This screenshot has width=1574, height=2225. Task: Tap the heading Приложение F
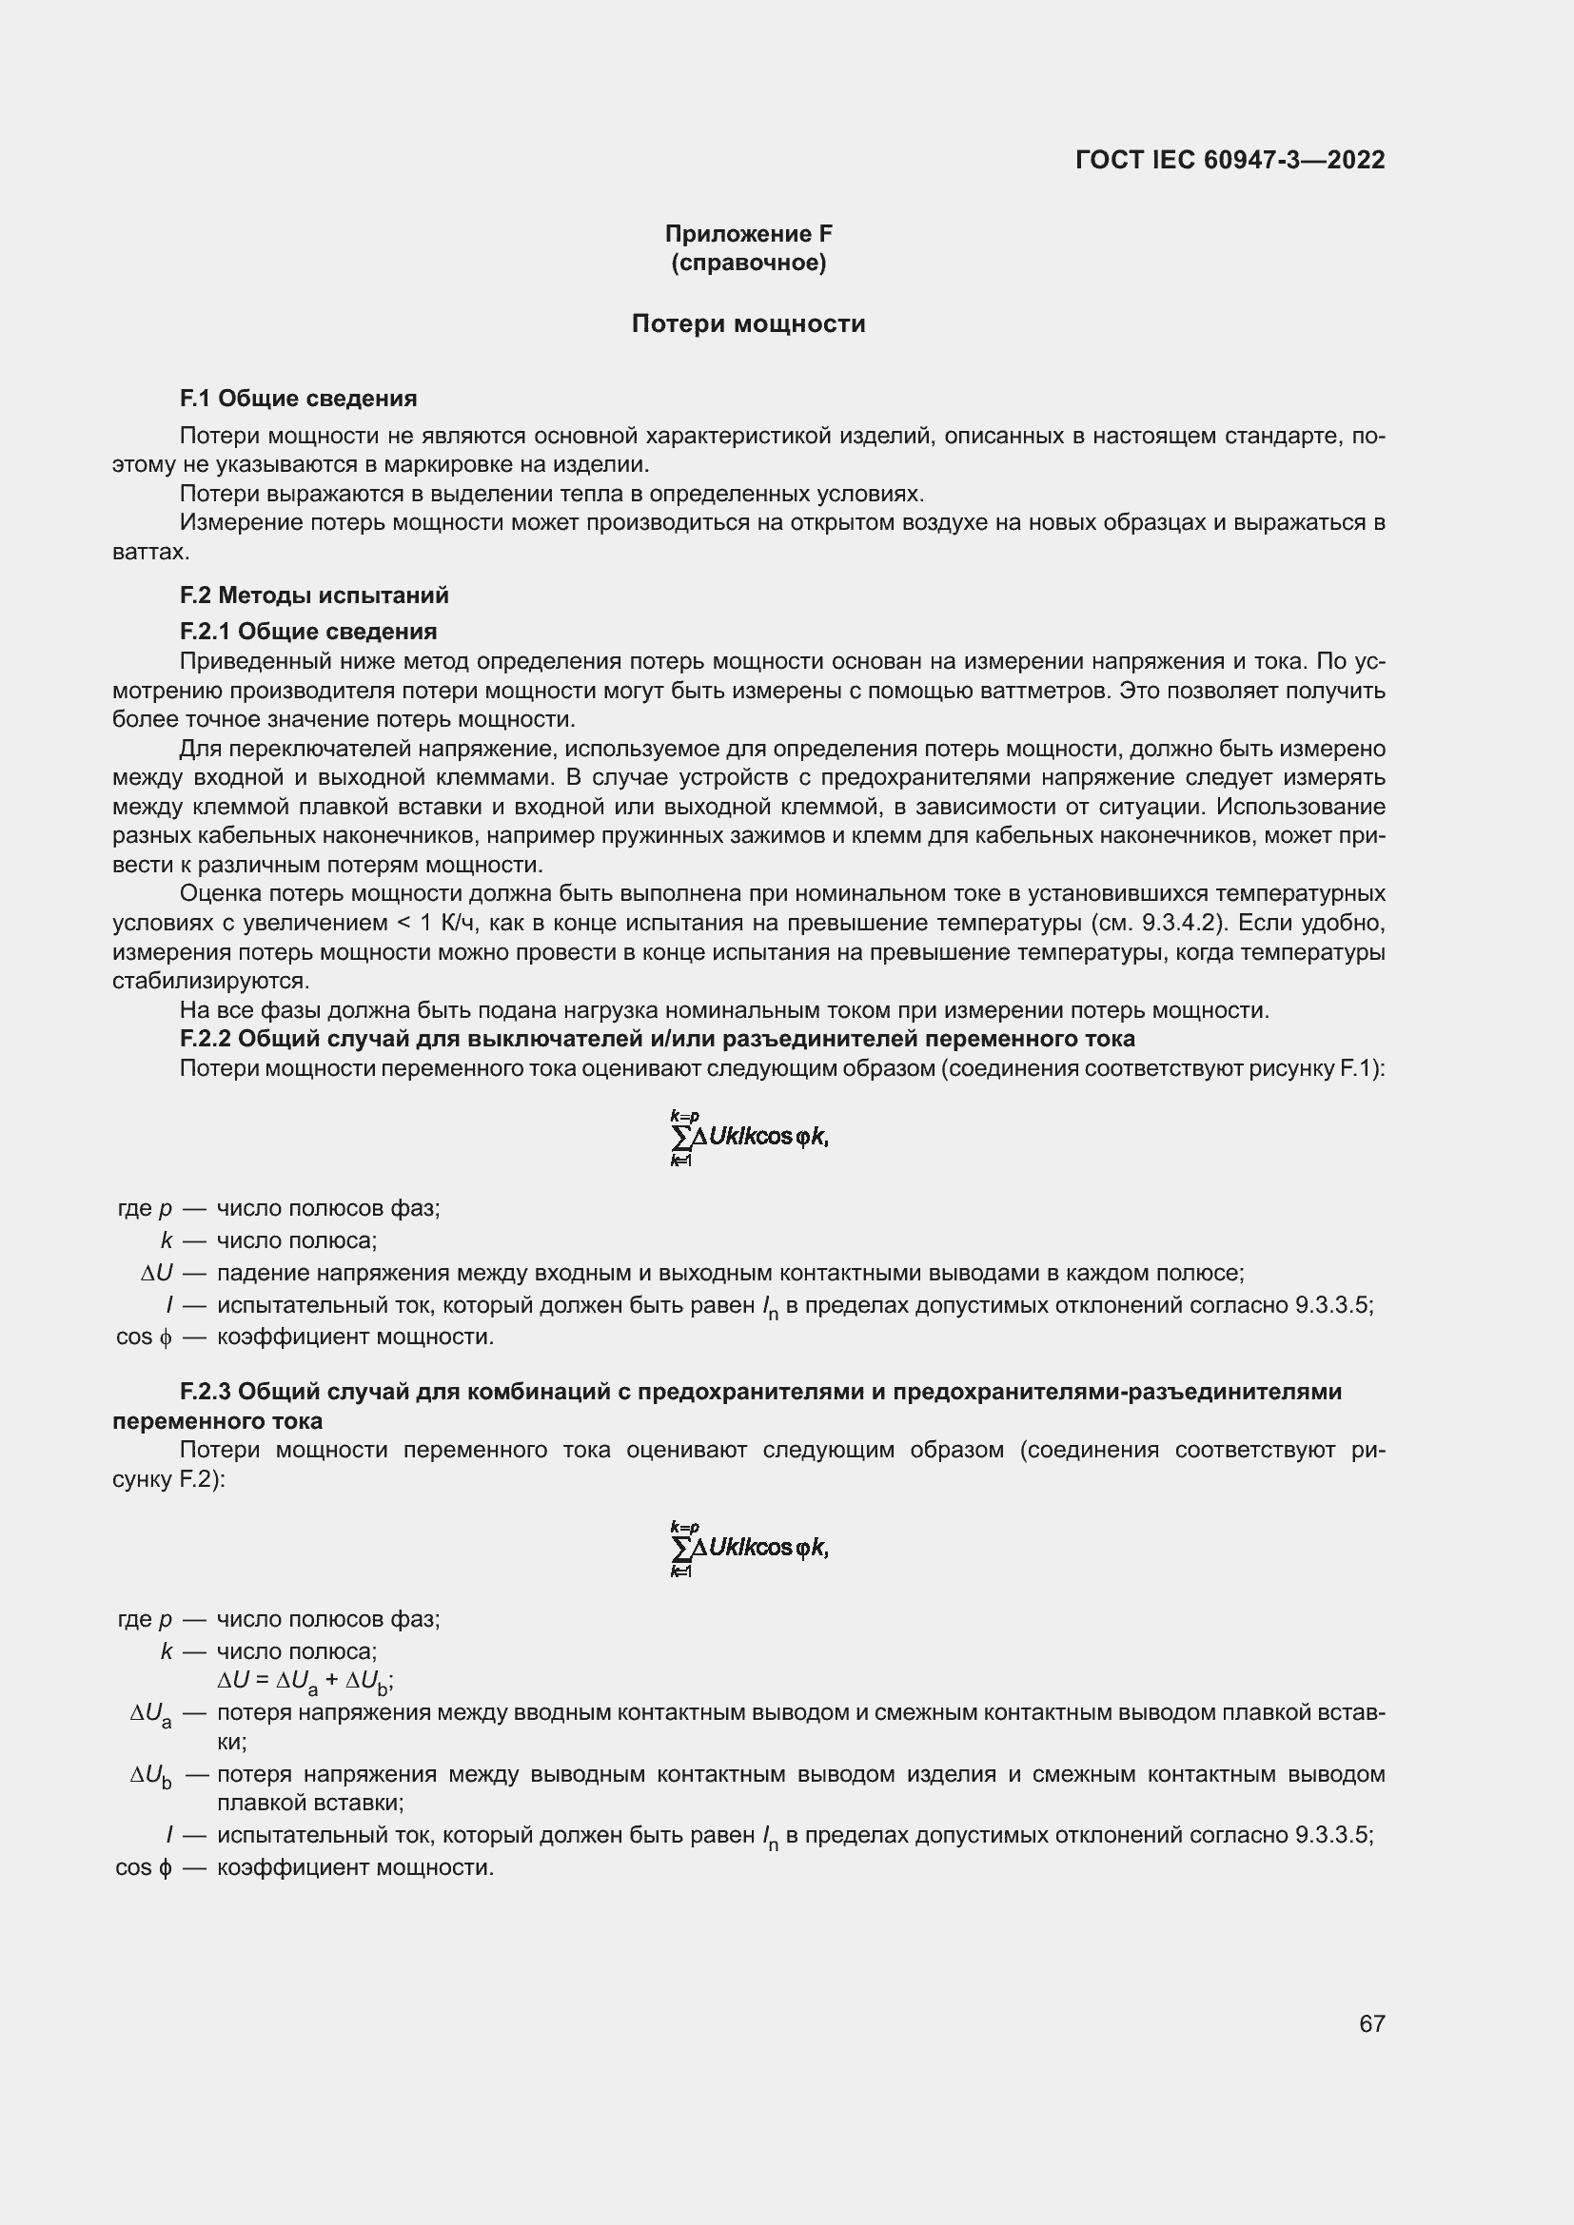748,234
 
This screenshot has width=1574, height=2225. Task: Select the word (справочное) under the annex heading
748,263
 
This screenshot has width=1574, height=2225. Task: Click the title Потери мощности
748,323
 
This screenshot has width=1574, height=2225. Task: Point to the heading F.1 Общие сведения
299,399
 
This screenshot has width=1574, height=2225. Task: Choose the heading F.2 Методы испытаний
314,595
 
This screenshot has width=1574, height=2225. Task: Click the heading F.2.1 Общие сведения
308,632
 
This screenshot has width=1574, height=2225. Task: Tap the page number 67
1371,2023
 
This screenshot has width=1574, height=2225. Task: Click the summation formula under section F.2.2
748,1138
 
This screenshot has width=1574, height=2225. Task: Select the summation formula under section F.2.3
748,1548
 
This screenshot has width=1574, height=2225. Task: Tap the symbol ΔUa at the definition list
151,1713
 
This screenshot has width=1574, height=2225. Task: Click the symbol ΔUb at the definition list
151,1775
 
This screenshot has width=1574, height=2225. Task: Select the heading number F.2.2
205,1039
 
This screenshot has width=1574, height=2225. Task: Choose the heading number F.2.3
205,1392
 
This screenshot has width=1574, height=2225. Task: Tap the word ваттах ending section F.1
150,553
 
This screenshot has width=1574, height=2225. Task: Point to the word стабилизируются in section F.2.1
210,981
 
